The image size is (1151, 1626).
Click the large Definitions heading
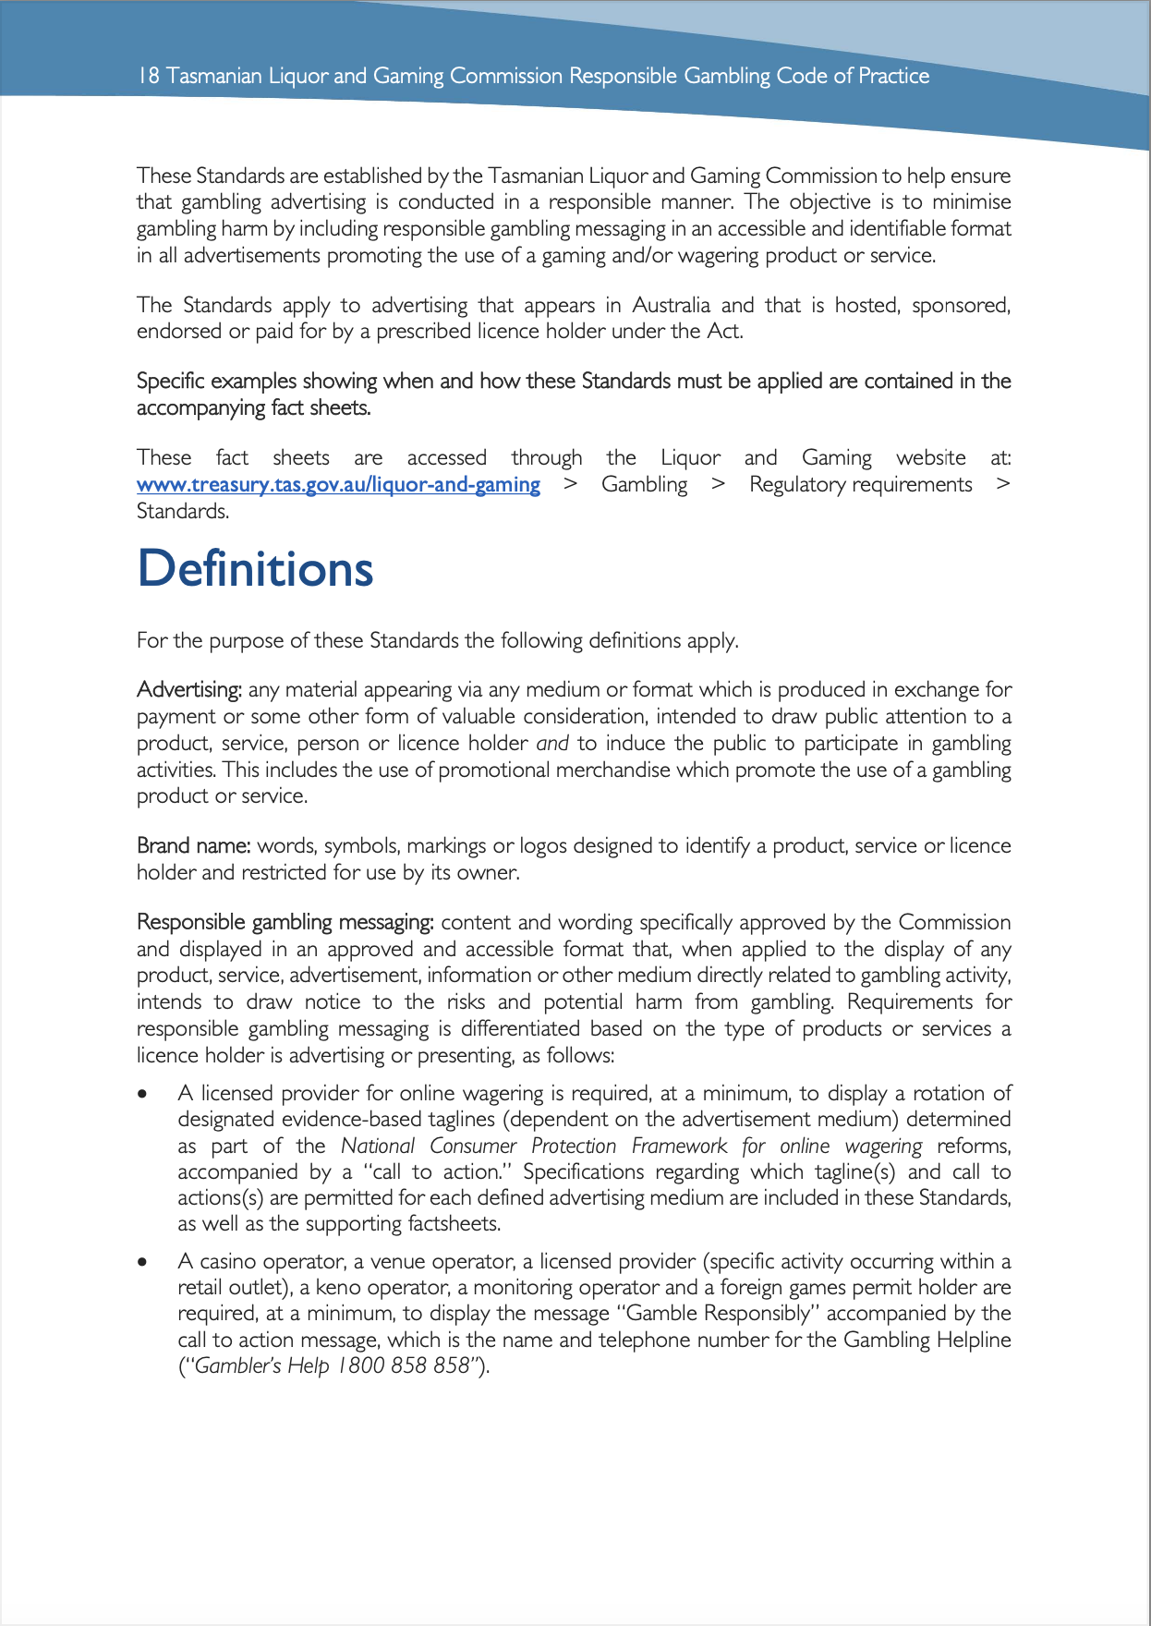tap(255, 569)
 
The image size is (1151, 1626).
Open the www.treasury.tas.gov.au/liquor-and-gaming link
tap(338, 485)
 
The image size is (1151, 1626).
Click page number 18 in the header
tap(148, 76)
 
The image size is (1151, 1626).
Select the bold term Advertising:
tap(189, 690)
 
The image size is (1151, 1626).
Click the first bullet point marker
tap(142, 1094)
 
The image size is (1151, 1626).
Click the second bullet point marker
tap(142, 1262)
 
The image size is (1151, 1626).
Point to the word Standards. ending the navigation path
tap(183, 512)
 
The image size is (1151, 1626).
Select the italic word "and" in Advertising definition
tap(552, 744)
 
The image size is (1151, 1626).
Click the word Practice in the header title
tap(893, 76)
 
